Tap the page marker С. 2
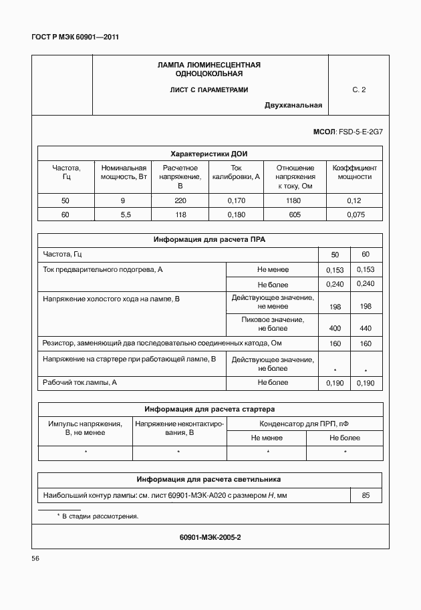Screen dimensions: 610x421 (x=359, y=90)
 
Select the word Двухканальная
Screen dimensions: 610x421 (x=293, y=105)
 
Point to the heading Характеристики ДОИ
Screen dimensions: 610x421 (x=210, y=153)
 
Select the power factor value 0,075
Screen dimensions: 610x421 (x=354, y=214)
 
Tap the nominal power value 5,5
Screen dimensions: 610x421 (x=123, y=214)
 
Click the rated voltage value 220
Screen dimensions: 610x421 (x=180, y=200)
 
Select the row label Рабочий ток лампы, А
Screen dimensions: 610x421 (x=80, y=382)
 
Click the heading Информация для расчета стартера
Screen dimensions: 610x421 (x=210, y=409)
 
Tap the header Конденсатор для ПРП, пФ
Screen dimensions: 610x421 (x=304, y=424)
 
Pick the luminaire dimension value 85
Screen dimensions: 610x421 (x=366, y=495)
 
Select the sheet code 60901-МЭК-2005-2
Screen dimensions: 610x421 (x=210, y=537)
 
